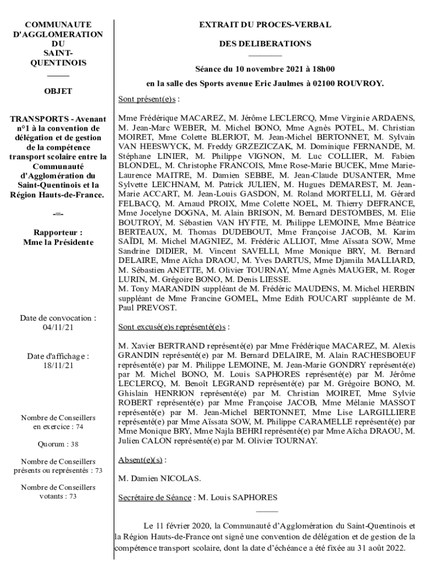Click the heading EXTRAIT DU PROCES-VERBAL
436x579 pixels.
(x=264, y=25)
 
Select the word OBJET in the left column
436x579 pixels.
(x=58, y=90)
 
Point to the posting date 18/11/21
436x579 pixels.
(x=58, y=366)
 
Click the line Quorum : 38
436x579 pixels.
(x=58, y=444)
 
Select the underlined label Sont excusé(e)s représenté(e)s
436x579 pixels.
(x=172, y=327)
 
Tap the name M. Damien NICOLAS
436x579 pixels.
(x=160, y=479)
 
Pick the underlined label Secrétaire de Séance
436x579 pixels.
(x=153, y=498)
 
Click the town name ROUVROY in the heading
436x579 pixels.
(x=361, y=84)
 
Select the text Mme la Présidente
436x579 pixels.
(x=58, y=242)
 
